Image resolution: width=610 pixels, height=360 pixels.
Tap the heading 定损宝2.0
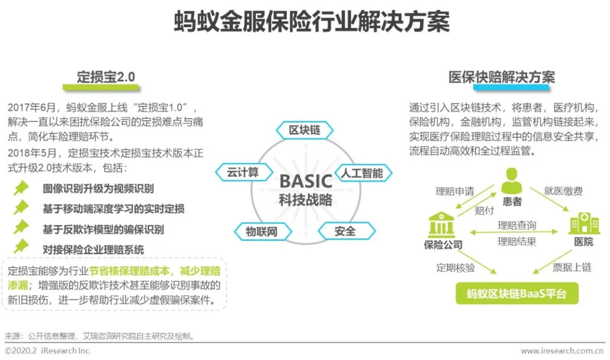106,77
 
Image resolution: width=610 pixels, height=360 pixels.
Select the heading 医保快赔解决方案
502,77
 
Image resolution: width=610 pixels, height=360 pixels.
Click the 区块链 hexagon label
304,130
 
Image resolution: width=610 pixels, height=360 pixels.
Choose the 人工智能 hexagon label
361,172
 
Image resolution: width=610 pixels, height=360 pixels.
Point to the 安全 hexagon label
345,231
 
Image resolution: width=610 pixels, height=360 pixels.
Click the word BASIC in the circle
306,181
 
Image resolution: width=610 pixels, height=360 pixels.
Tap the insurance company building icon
443,224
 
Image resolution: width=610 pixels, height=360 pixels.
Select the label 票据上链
572,267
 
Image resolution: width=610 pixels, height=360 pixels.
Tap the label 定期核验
455,267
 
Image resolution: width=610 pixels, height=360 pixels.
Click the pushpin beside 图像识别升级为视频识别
21,188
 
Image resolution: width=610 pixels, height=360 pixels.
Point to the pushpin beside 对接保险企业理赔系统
21,247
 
